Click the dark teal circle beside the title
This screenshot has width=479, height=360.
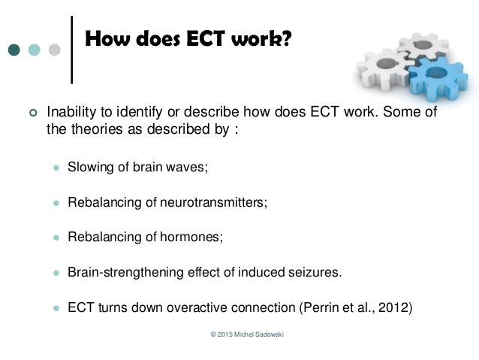click(x=14, y=50)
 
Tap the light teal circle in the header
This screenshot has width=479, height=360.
click(x=34, y=50)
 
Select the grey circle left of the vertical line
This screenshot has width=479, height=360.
click(x=54, y=50)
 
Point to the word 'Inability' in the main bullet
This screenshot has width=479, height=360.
click(x=70, y=112)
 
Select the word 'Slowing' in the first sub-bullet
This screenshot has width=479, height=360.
click(x=89, y=167)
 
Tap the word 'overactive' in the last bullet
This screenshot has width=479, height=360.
click(x=188, y=307)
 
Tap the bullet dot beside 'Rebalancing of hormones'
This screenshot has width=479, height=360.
click(x=54, y=237)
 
